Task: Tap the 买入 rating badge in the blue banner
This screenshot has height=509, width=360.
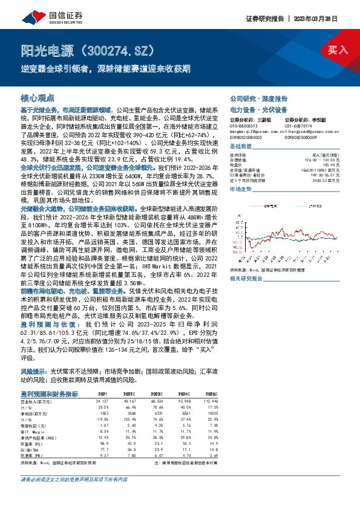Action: click(x=337, y=50)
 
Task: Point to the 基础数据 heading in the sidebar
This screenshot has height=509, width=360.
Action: click(x=241, y=147)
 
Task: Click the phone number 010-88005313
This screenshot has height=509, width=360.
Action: click(x=244, y=126)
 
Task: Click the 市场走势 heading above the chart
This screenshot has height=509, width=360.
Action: click(x=241, y=189)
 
